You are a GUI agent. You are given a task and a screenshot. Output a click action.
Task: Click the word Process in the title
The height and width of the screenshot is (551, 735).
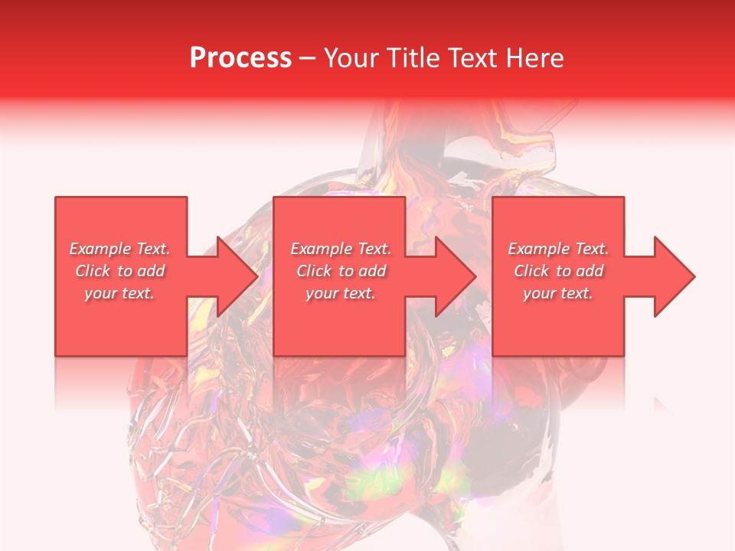[x=240, y=58]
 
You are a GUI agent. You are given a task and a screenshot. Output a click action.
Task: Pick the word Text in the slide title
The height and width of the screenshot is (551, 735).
[x=474, y=58]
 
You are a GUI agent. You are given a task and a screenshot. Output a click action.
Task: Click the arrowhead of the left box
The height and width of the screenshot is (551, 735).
[x=234, y=276]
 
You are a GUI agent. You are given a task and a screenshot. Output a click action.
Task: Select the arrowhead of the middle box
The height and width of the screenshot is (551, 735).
[x=453, y=276]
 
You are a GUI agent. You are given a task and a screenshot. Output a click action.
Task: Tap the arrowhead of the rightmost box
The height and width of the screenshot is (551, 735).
[x=672, y=276]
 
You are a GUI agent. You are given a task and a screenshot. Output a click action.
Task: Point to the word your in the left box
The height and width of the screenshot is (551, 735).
[x=100, y=293]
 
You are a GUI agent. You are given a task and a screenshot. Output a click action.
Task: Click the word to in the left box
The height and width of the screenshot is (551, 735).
[x=126, y=271]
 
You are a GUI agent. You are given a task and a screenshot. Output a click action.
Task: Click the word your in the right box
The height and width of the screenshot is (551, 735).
[x=539, y=293]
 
